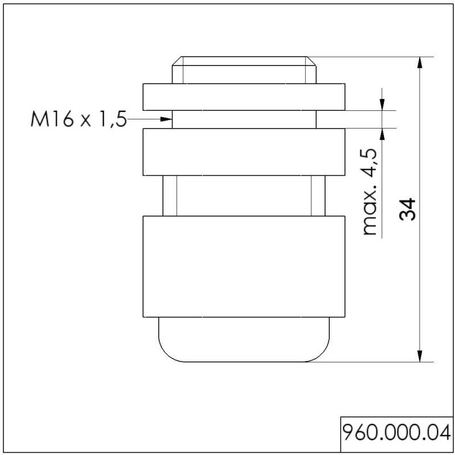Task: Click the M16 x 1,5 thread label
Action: point(79,119)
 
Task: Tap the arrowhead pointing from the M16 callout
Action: point(166,119)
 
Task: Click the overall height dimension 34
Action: point(407,209)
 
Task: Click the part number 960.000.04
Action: point(396,433)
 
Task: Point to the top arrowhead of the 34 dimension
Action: point(420,63)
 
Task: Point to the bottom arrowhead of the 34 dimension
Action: point(420,356)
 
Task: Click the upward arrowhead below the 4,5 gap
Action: point(382,134)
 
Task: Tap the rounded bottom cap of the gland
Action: point(244,340)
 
